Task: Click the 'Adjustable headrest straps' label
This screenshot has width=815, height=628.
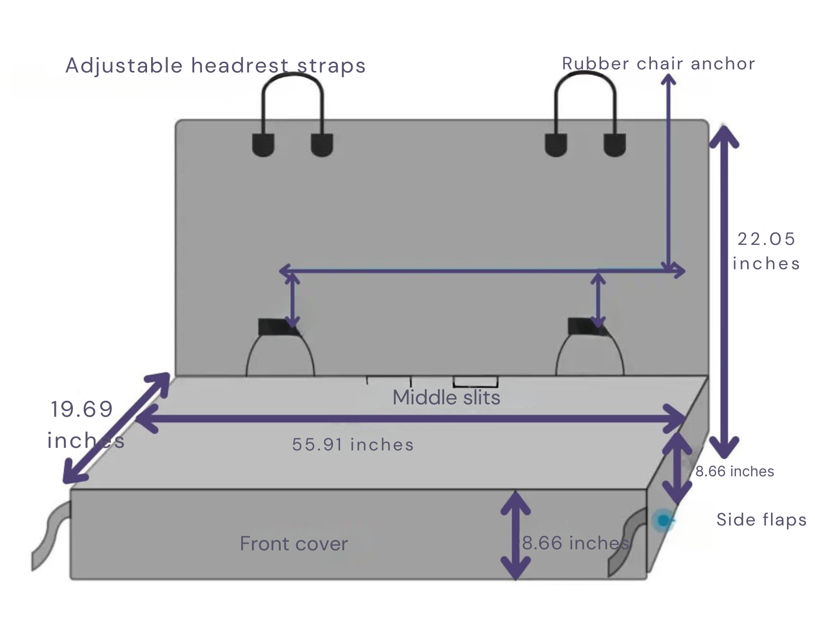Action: click(215, 66)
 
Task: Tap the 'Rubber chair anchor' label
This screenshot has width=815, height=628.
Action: click(658, 64)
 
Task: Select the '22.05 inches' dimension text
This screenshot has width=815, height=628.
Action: click(766, 251)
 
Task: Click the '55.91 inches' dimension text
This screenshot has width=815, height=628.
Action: click(353, 444)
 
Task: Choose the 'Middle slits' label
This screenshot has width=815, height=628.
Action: click(446, 398)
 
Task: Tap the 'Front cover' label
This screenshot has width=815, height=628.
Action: click(294, 544)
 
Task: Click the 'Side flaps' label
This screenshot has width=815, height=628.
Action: click(761, 519)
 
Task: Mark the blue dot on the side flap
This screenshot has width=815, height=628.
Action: click(663, 520)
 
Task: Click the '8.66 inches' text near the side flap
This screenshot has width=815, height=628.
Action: click(734, 471)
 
